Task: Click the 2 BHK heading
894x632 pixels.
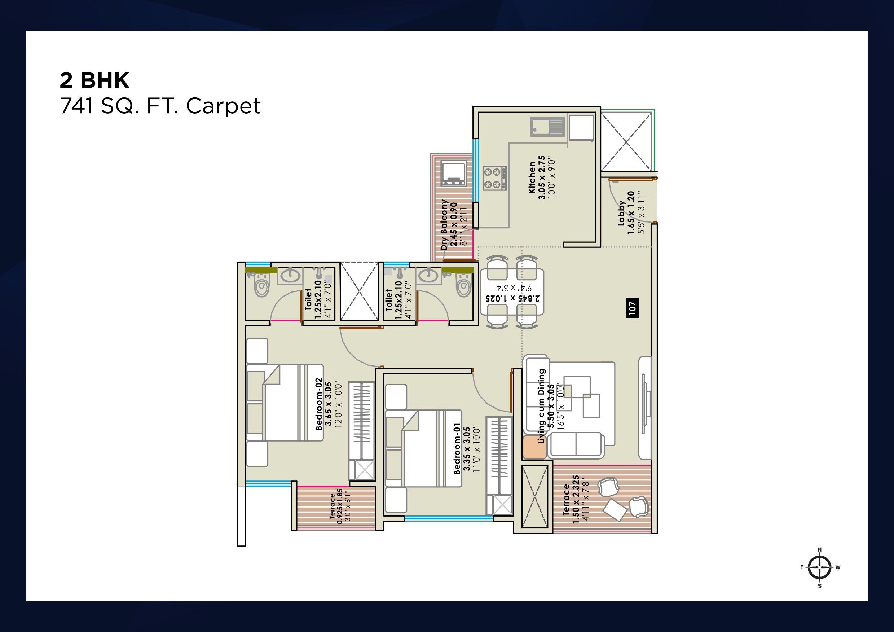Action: click(94, 80)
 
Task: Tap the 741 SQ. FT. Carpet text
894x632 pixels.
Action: click(160, 106)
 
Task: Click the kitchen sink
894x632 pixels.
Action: click(547, 127)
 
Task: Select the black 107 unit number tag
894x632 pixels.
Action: click(632, 308)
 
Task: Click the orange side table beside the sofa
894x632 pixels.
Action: click(534, 447)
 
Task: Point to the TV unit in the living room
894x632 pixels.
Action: click(644, 407)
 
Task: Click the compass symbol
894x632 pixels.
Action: click(819, 567)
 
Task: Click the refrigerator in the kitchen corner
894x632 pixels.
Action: click(581, 127)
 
